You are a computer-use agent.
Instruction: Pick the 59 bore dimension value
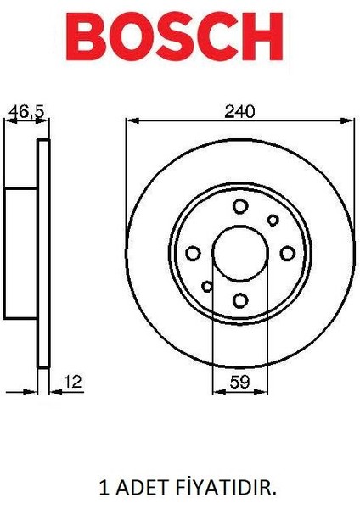[239, 383]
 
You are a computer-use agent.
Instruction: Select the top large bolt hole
[240, 206]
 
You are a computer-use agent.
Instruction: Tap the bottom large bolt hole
[240, 299]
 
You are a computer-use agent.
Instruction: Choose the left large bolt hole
[194, 253]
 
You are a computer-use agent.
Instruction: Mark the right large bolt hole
[287, 253]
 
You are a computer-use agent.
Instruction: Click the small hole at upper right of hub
[273, 220]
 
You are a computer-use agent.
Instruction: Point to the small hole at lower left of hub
[207, 285]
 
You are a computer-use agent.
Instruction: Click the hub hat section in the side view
[21, 252]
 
